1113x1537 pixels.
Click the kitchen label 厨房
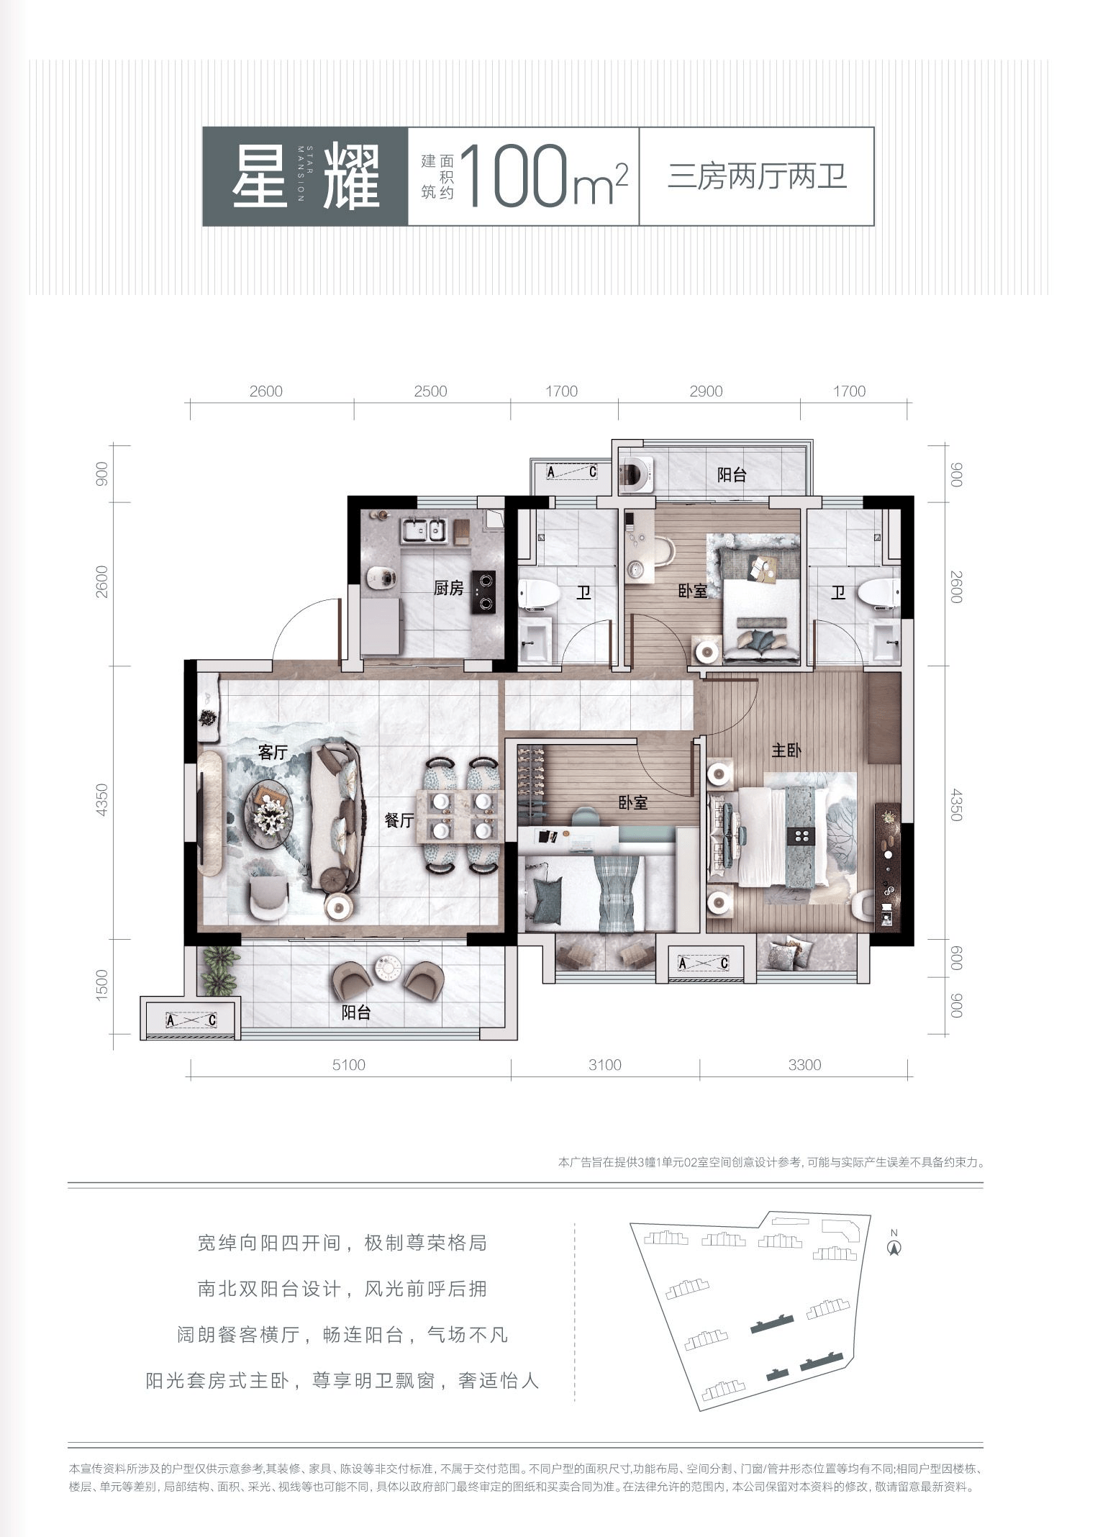point(448,589)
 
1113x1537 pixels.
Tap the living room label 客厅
point(273,753)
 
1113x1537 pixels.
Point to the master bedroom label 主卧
point(786,751)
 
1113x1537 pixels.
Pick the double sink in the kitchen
point(424,530)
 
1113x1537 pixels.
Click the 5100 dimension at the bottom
point(349,1065)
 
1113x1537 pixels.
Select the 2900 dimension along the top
point(706,391)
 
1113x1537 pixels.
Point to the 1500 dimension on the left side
point(101,984)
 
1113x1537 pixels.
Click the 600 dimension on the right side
point(955,958)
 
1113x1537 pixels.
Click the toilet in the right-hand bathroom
point(878,594)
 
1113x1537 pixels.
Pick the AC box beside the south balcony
point(191,1020)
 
